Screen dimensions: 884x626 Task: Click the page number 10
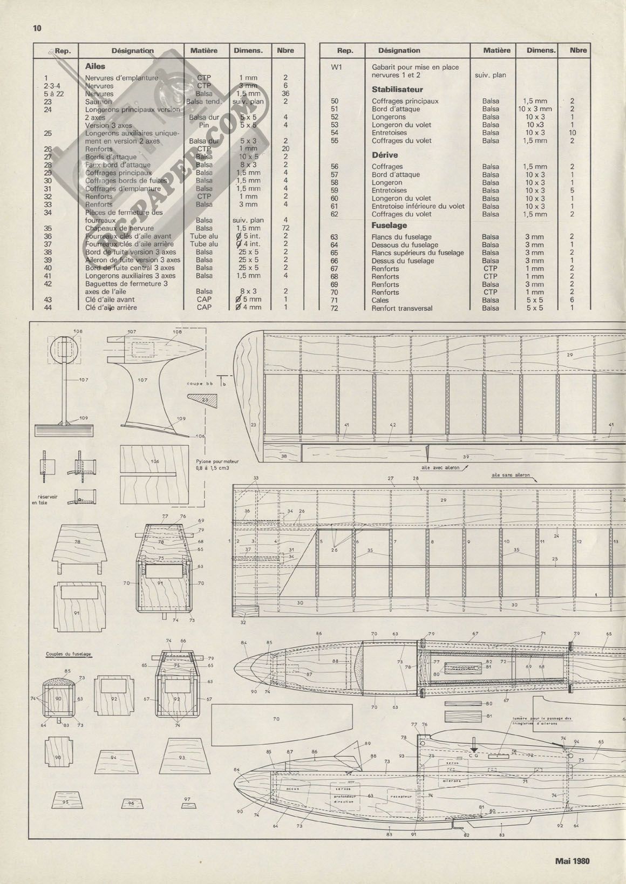click(37, 28)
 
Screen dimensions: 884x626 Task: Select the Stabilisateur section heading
click(397, 90)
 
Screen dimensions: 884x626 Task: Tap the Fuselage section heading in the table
click(389, 226)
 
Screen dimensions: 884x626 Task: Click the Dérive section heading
click(385, 155)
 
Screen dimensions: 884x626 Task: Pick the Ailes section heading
click(95, 66)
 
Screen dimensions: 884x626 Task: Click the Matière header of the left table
click(204, 51)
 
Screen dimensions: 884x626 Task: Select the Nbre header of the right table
click(578, 50)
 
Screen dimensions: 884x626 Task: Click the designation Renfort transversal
click(402, 308)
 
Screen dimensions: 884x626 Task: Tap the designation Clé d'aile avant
click(110, 300)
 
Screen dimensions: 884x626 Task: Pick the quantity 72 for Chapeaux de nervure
click(285, 228)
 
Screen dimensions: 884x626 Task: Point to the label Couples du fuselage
click(68, 654)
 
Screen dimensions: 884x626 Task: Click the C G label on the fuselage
click(474, 756)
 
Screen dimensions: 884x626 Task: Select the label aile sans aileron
click(511, 475)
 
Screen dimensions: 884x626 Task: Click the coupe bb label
click(201, 384)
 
